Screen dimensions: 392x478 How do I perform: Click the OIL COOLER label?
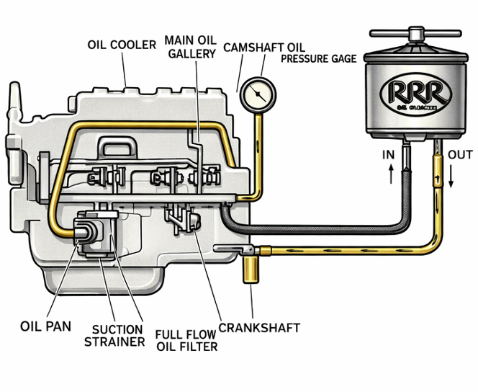pos(122,45)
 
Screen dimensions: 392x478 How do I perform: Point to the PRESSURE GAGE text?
pos(319,58)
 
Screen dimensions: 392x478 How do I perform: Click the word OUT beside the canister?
pos(460,155)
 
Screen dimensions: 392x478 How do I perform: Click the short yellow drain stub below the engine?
pos(251,270)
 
